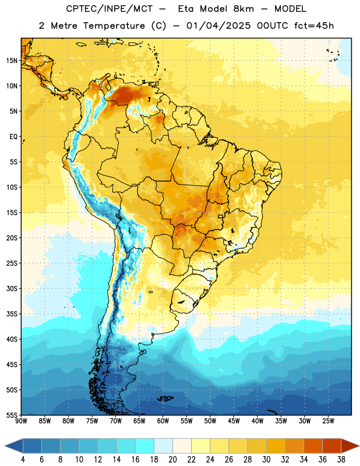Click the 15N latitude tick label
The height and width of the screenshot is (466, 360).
click(x=12, y=61)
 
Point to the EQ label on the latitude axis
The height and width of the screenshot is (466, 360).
click(x=13, y=137)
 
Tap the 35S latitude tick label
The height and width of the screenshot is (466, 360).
click(x=12, y=314)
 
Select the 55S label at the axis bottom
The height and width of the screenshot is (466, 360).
click(x=12, y=415)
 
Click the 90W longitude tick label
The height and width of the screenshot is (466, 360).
click(x=21, y=421)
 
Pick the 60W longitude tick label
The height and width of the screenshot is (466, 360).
click(x=163, y=421)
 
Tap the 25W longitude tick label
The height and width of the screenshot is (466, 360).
click(x=328, y=421)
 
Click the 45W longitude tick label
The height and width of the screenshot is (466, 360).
click(x=234, y=421)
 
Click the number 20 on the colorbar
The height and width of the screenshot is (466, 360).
click(x=172, y=460)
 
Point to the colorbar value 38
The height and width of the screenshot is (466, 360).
click(x=341, y=460)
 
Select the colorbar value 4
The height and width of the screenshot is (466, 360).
click(x=23, y=460)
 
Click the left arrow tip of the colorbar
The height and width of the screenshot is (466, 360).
click(x=5, y=446)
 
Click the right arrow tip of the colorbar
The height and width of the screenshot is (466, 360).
click(x=359, y=446)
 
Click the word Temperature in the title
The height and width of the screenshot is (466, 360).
click(x=114, y=26)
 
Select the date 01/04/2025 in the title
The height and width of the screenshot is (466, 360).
click(x=218, y=26)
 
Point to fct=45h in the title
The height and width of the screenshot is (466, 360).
click(x=314, y=26)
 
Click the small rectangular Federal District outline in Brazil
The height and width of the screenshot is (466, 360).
click(x=221, y=216)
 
